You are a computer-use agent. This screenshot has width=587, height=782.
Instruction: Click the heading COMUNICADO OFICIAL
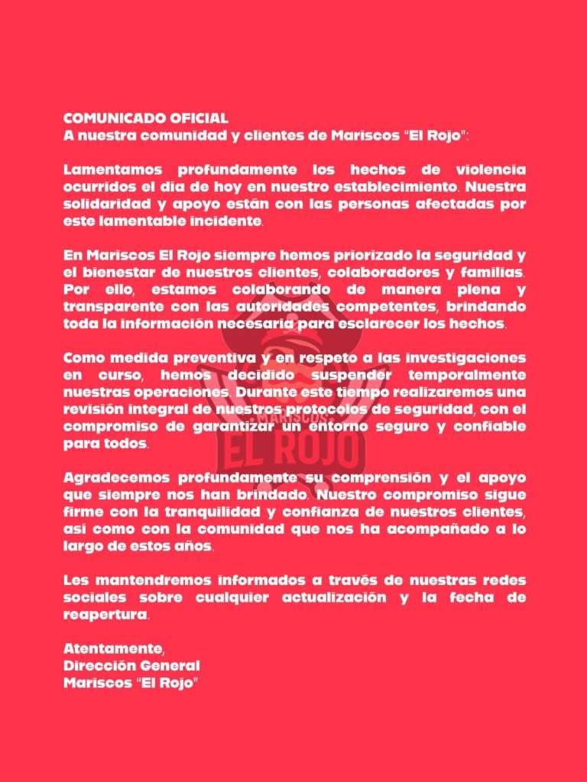145,119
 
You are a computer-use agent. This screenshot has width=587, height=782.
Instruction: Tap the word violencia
487,169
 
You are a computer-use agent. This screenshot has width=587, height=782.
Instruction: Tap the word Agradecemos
115,478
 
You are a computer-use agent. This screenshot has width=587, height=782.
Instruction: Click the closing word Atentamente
113,650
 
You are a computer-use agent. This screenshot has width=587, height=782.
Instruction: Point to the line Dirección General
131,666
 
